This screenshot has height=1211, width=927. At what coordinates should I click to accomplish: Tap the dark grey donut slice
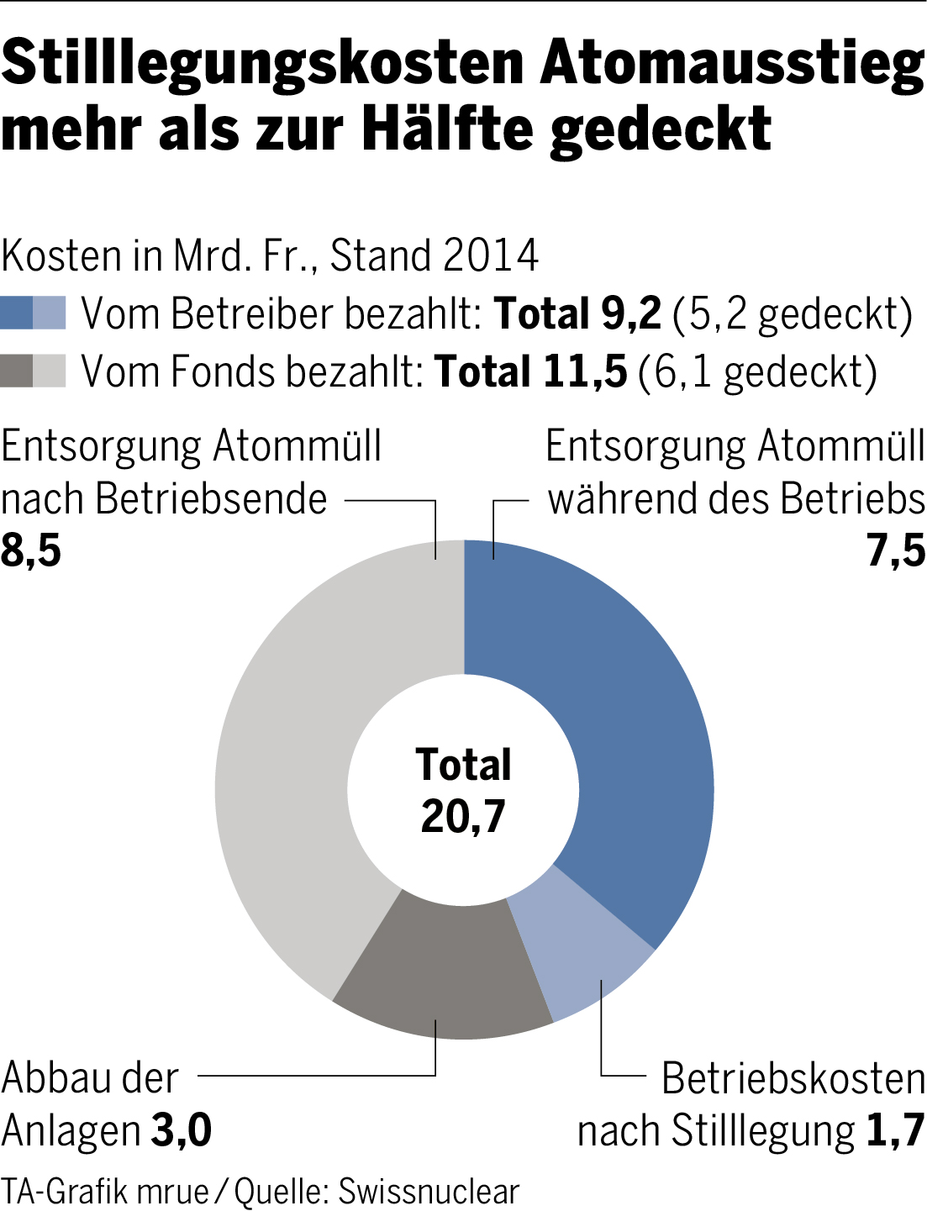pos(441,966)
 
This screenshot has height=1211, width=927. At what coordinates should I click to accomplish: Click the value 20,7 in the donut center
pos(463,815)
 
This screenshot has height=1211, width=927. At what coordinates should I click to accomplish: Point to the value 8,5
pos(31,550)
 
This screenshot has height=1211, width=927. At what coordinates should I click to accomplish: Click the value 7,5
pos(896,550)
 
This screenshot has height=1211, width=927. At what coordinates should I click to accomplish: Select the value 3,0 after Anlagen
pos(181,1130)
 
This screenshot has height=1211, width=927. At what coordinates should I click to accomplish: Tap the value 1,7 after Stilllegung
pos(895,1130)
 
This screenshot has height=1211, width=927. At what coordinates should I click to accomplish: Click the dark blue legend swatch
pos(17,313)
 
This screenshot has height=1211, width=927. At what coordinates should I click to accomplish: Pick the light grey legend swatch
pos(50,371)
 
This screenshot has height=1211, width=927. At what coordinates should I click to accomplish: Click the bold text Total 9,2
pos(577,313)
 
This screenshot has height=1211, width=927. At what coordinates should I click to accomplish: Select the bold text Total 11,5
pos(530,371)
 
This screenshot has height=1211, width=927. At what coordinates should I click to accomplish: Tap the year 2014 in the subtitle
pos(491,255)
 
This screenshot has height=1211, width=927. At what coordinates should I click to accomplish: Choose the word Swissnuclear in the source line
pos(429,1191)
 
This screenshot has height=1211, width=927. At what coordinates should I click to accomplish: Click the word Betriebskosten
pos(793,1078)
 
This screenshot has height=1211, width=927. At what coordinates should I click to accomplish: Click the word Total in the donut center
pos(463,765)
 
